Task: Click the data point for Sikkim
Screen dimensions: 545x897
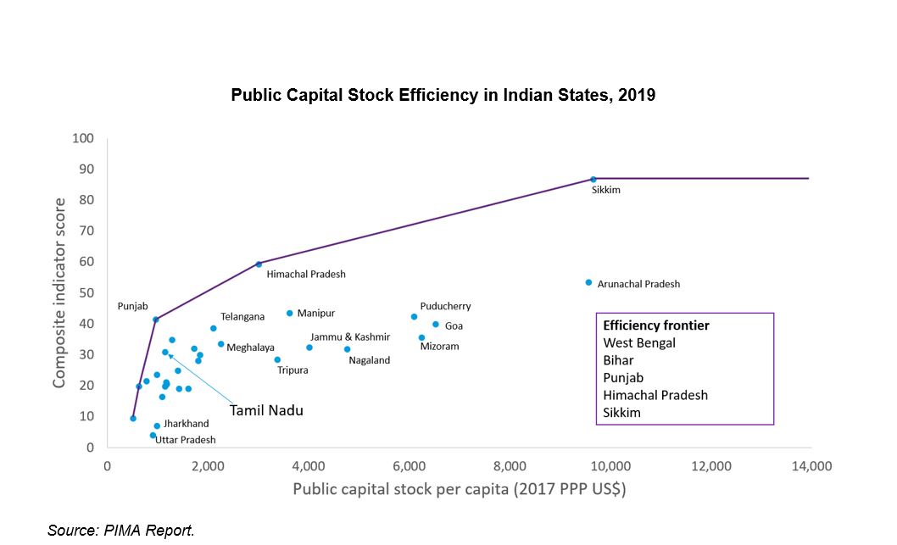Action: (593, 180)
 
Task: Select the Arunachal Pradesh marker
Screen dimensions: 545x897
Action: (588, 282)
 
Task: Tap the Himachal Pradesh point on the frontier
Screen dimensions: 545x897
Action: (259, 264)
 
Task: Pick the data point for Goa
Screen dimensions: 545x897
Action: (436, 324)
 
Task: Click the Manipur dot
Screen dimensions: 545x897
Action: (289, 313)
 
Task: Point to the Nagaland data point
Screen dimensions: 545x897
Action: (347, 349)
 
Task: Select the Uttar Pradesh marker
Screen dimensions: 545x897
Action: (153, 436)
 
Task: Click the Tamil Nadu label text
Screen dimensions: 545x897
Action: (266, 410)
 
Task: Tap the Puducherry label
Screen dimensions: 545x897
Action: (445, 306)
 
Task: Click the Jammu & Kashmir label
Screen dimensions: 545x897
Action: (349, 336)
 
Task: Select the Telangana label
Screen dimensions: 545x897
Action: (242, 316)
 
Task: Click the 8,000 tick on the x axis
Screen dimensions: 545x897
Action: (510, 465)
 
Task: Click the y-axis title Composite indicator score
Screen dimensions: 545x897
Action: (60, 292)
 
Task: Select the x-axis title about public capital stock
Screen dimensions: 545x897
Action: (459, 489)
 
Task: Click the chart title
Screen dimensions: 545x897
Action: (443, 95)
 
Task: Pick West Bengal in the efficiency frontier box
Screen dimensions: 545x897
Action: (639, 343)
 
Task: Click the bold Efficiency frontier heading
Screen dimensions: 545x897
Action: (656, 325)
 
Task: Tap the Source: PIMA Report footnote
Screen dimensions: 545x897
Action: (121, 531)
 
